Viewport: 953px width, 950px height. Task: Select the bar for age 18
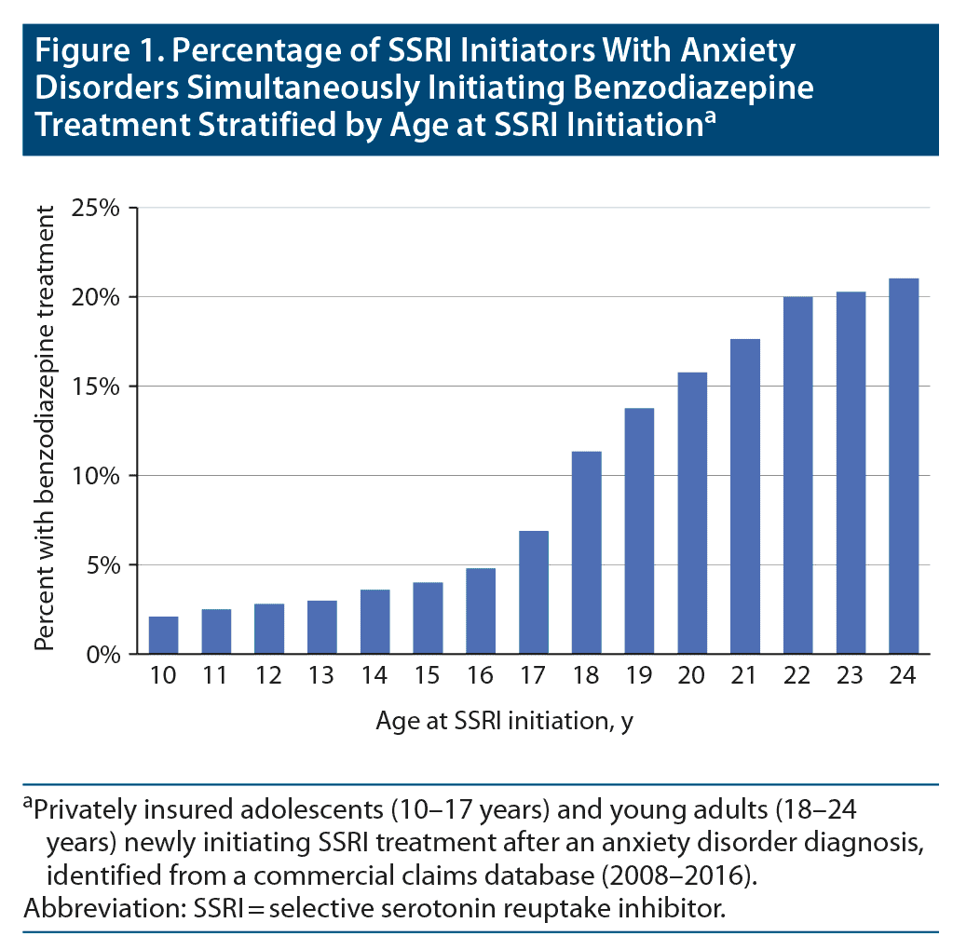tap(586, 552)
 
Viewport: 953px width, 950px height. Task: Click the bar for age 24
tap(904, 466)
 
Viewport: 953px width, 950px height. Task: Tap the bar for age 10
tap(163, 634)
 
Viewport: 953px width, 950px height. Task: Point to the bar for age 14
tap(374, 621)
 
